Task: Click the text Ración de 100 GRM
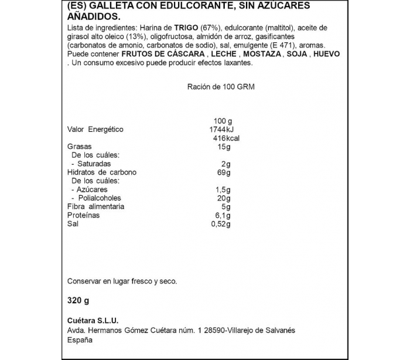(221, 86)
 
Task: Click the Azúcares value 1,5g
(224, 190)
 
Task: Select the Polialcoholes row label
(95, 198)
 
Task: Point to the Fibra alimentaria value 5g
(226, 207)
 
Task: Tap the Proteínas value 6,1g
(224, 215)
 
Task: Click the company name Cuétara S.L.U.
(93, 320)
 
